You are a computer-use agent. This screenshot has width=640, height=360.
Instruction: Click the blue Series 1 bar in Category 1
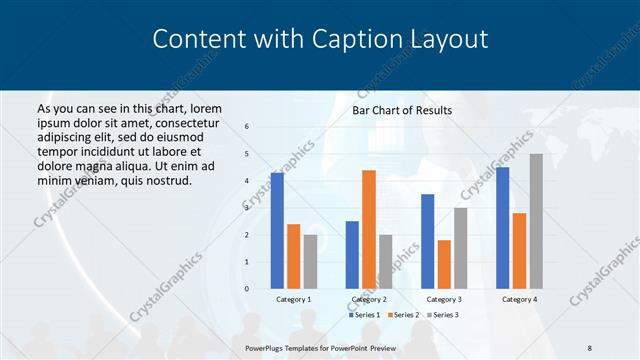(x=277, y=231)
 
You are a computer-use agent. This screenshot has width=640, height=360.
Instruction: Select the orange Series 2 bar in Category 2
(x=369, y=229)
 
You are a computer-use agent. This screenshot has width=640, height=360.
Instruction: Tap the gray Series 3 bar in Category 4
(x=536, y=221)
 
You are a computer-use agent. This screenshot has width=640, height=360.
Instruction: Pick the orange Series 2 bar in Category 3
(x=444, y=264)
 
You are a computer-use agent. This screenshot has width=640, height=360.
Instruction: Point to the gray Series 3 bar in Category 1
(x=311, y=262)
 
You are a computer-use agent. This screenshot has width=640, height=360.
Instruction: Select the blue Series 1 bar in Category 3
(x=427, y=241)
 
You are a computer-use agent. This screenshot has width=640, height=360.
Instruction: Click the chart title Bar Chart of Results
(x=402, y=110)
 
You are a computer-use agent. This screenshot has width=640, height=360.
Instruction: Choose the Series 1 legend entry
(x=364, y=315)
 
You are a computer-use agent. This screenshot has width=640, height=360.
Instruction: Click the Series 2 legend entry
(x=404, y=315)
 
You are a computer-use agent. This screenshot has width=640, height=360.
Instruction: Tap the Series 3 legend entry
(x=444, y=315)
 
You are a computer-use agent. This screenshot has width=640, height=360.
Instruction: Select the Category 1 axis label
(x=294, y=299)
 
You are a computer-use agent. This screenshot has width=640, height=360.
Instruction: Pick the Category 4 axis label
(x=519, y=299)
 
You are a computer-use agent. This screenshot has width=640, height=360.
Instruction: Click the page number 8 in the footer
(x=590, y=346)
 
